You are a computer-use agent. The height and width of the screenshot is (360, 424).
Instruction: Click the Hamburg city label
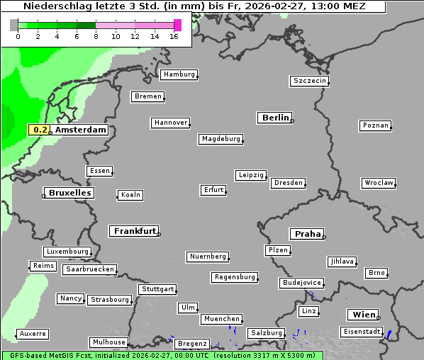179,74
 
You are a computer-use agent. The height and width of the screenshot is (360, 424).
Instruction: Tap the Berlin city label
275,118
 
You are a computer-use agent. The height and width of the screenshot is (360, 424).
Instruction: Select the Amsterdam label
80,130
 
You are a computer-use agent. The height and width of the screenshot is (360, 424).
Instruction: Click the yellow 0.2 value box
41,130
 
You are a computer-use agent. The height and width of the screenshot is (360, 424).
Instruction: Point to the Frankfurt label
134,231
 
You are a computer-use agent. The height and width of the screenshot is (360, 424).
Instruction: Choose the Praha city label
306,234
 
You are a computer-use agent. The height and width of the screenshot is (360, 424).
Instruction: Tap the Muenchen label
221,319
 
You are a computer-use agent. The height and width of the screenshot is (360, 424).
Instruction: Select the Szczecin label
310,81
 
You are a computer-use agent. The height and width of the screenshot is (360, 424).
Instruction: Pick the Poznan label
375,125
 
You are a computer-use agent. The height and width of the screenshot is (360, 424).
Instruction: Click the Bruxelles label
69,193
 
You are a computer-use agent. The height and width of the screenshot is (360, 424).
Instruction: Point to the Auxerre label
33,333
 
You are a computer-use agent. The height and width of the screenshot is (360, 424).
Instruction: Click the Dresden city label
289,183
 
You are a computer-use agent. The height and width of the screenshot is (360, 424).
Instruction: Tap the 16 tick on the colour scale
174,36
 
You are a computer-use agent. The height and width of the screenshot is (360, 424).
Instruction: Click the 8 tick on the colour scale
96,36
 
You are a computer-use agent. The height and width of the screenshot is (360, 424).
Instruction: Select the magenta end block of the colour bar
177,25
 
